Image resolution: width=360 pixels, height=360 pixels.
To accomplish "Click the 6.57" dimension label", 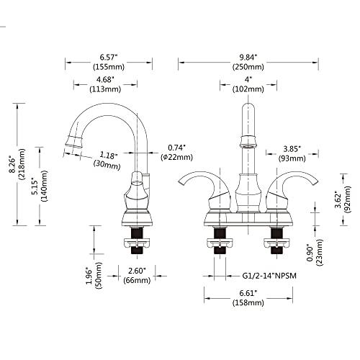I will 109,55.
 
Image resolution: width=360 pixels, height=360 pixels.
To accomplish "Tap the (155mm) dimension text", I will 109,66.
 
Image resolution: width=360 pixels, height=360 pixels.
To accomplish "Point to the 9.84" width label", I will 249,55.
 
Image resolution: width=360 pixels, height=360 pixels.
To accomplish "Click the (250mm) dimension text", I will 249,66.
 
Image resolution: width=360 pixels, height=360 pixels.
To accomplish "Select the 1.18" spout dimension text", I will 109,154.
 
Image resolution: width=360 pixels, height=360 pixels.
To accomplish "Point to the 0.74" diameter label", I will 177,148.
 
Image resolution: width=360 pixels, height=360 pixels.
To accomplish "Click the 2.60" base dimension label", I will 137,271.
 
